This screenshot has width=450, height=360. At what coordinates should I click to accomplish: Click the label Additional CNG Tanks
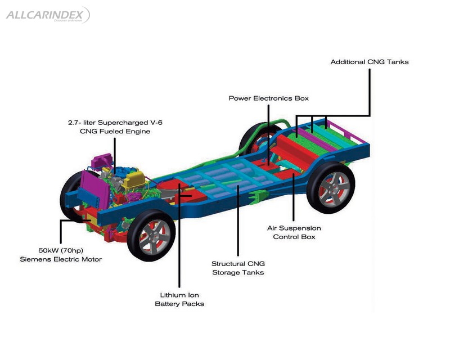[x=369, y=62]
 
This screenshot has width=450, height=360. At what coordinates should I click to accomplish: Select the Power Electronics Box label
[x=268, y=98]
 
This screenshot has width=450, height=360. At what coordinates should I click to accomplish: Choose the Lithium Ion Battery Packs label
[x=179, y=299]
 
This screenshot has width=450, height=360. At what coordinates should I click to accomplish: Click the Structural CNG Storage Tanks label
[x=237, y=268]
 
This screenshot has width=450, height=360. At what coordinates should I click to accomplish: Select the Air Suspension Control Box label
[x=294, y=232]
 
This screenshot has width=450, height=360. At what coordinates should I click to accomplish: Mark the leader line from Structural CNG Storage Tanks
[x=237, y=225]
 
